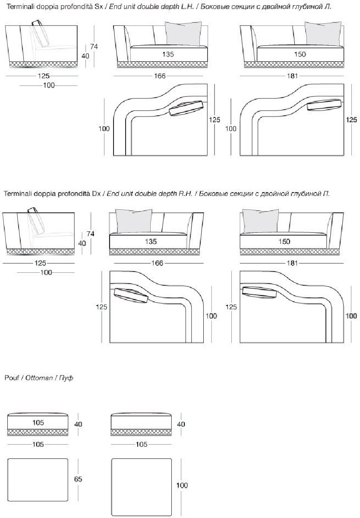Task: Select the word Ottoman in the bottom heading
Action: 38,378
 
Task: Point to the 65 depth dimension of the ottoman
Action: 78,479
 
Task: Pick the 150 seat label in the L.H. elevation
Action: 300,54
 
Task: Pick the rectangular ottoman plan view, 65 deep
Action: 38,479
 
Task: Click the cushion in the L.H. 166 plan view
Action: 186,109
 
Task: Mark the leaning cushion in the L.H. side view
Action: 41,33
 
